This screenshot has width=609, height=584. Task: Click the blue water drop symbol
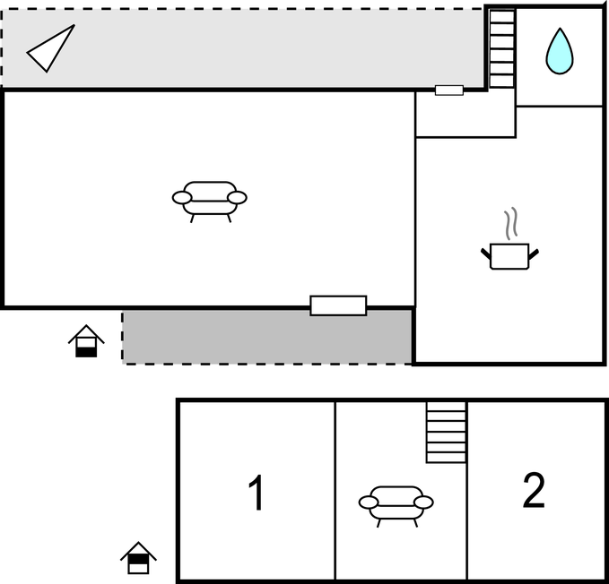[x=560, y=51]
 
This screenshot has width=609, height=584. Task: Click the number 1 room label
[x=257, y=493]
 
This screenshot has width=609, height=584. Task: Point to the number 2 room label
[x=534, y=490]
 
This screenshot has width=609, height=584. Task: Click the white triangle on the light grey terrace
[x=51, y=48]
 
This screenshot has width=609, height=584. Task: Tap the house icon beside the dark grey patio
[x=86, y=341]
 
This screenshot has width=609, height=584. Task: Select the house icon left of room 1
[x=138, y=558]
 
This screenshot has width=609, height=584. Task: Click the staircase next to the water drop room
[x=502, y=49]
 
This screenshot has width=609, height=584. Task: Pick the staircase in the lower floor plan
[x=447, y=432]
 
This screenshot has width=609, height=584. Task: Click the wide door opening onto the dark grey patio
[x=338, y=305]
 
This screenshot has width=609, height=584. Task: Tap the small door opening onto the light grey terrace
[x=449, y=90]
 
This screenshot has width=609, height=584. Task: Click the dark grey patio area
[x=267, y=337]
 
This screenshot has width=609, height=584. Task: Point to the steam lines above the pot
[x=511, y=223]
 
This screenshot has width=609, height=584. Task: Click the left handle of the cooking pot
[x=486, y=253]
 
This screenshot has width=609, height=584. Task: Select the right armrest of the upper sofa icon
[x=237, y=198]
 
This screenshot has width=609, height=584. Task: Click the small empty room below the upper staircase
[x=465, y=114]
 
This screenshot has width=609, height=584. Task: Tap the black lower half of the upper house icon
[x=86, y=352]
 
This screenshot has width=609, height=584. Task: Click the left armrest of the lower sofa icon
[x=369, y=502]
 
